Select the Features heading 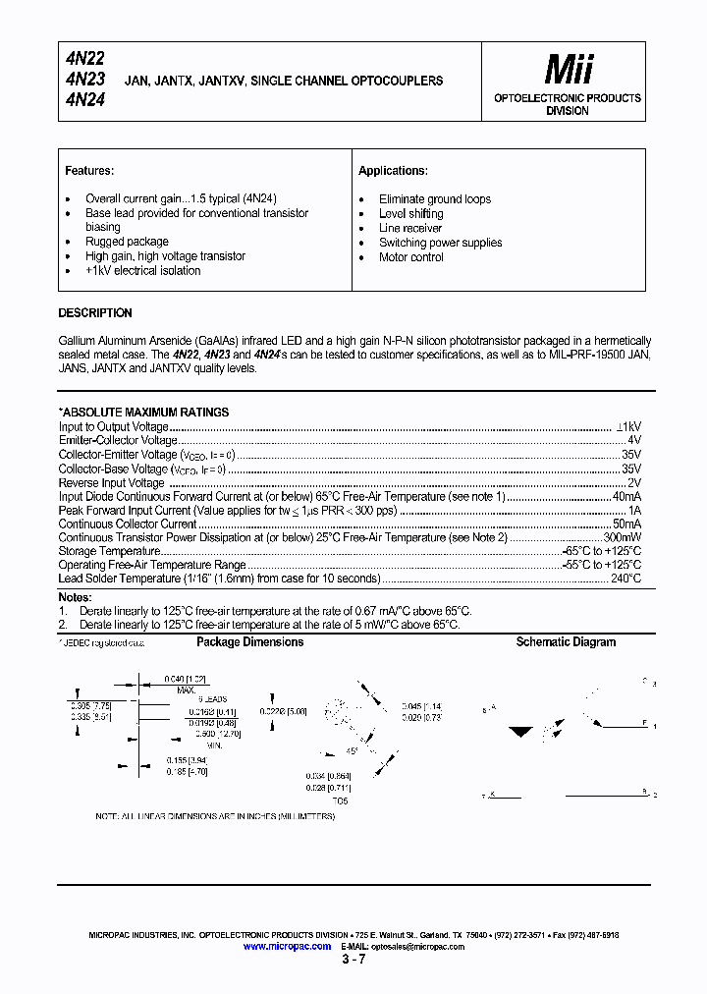tap(89, 171)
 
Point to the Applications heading tap(393, 171)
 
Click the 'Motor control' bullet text tap(411, 257)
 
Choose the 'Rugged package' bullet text tap(127, 242)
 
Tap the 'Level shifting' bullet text tap(410, 213)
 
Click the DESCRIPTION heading tap(95, 313)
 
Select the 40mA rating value tap(626, 497)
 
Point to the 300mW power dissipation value tap(623, 538)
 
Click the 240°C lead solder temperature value tap(625, 580)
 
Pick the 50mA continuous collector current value tap(626, 525)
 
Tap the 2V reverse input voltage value tap(634, 483)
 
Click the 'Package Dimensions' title tap(250, 642)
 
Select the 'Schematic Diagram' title tap(567, 642)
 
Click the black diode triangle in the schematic tap(522, 733)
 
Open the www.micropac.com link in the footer tap(287, 946)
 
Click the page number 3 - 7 tap(353, 960)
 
